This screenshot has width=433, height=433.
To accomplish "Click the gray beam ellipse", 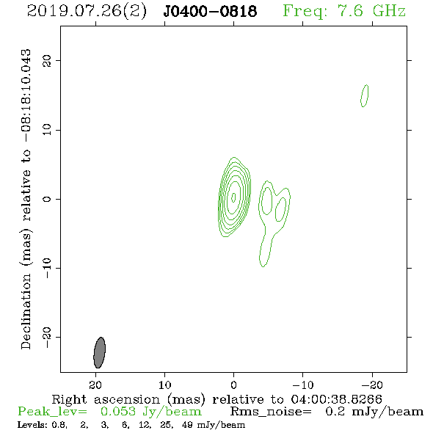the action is click(x=99, y=353).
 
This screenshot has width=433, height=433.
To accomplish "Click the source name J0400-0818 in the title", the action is click(x=210, y=11).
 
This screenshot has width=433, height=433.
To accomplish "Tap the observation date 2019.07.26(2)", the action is click(x=87, y=11).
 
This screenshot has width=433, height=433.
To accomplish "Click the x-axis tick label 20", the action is click(x=95, y=385).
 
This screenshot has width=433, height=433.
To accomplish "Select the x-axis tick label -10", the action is click(x=303, y=385).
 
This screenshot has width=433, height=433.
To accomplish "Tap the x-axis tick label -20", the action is click(x=372, y=385).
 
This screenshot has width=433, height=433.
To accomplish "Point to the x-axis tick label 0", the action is click(x=233, y=385).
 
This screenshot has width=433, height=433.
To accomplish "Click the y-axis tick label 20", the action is click(x=47, y=60).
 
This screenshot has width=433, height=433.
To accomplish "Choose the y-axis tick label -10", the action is click(x=47, y=268).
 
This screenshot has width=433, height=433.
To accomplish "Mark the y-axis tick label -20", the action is click(x=47, y=337).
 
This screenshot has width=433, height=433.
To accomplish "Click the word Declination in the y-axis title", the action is click(x=26, y=312).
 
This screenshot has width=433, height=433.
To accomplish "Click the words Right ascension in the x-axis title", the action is click(x=106, y=399).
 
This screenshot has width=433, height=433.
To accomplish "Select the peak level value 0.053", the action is click(x=118, y=412).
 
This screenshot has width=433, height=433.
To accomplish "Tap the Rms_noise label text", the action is click(x=271, y=412).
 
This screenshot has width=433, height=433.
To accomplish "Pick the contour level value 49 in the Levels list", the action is click(x=187, y=425).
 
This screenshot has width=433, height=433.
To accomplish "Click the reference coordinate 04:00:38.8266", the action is click(x=336, y=399).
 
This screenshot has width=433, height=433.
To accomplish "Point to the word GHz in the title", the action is click(x=389, y=11).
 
